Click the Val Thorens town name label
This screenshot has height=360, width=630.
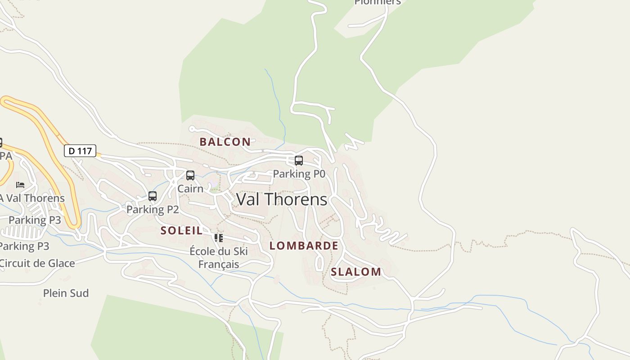pyautogui.click(x=282, y=199)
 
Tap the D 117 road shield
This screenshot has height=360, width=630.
pyautogui.click(x=80, y=151)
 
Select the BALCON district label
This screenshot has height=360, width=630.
pyautogui.click(x=225, y=142)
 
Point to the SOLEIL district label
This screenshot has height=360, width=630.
pyautogui.click(x=182, y=231)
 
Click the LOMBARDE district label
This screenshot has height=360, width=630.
pyautogui.click(x=304, y=246)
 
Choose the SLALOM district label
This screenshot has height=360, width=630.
pyautogui.click(x=356, y=272)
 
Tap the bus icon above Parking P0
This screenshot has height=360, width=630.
pyautogui.click(x=298, y=160)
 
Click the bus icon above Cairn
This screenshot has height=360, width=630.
pyautogui.click(x=190, y=175)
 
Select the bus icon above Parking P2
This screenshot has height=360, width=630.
pyautogui.click(x=153, y=196)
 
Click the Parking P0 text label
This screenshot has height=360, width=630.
pyautogui.click(x=299, y=174)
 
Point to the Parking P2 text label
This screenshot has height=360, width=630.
pyautogui.click(x=153, y=209)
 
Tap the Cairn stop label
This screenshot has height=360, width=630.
pyautogui.click(x=190, y=189)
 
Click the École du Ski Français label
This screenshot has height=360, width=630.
pyautogui.click(x=219, y=257)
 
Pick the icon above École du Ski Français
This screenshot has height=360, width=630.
pyautogui.click(x=219, y=238)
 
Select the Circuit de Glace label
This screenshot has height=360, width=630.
pyautogui.click(x=37, y=263)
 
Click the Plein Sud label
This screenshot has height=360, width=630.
pyautogui.click(x=66, y=293)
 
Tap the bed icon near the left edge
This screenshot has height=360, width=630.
pyautogui.click(x=20, y=184)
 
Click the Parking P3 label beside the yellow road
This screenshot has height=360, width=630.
pyautogui.click(x=35, y=220)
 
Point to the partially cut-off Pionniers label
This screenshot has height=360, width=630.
pyautogui.click(x=377, y=2)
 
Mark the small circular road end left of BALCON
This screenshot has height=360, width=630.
pyautogui.click(x=192, y=129)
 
